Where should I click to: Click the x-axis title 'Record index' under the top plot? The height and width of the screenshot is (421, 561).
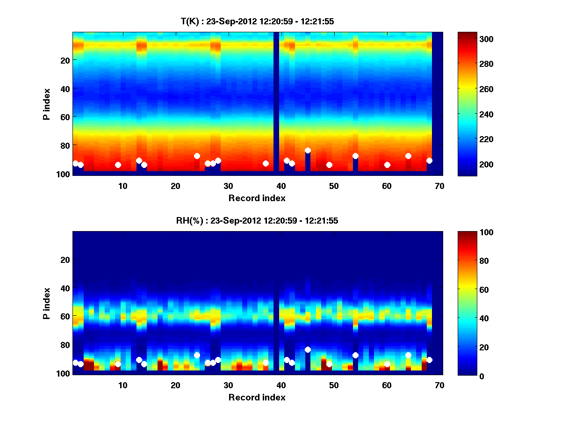257,198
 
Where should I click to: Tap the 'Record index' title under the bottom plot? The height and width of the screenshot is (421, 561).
257,397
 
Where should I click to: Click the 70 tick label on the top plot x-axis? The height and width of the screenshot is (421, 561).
439,186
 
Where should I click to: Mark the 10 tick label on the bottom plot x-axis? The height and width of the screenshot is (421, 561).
122,385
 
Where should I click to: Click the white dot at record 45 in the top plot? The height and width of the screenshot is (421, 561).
308,151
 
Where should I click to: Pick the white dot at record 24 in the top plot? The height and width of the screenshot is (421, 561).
197,156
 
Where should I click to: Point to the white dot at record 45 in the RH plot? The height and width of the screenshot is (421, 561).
308,349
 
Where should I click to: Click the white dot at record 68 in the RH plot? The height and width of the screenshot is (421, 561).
429,360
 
